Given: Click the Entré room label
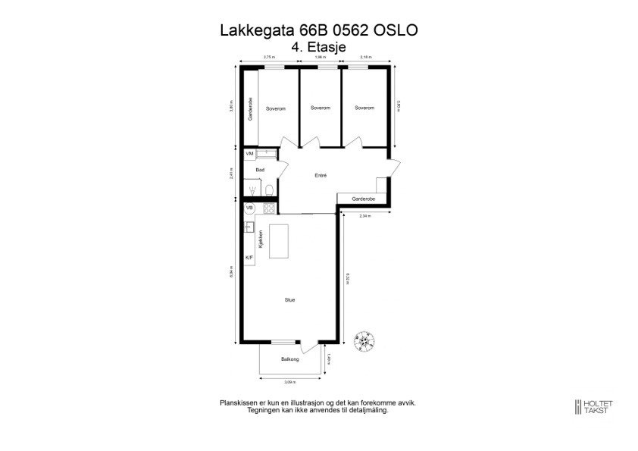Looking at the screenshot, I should click(x=321, y=175).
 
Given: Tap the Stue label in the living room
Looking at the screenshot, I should click(x=289, y=300).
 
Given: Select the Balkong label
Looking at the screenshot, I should click(x=289, y=359).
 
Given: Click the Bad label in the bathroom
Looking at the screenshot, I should click(x=260, y=170).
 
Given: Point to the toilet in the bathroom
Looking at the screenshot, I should click(x=269, y=189).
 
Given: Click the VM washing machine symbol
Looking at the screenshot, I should click(x=249, y=154).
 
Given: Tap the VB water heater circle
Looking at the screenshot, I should click(x=249, y=207).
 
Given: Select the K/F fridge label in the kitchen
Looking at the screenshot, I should click(x=249, y=258).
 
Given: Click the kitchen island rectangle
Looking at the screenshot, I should click(x=280, y=240).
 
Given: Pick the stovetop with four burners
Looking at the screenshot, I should click(x=267, y=207).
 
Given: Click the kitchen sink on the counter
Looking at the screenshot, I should click(x=249, y=226).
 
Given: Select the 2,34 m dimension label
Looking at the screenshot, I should click(x=364, y=216).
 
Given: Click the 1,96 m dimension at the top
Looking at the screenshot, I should click(x=321, y=57).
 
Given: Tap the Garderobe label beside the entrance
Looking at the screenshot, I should click(x=364, y=199).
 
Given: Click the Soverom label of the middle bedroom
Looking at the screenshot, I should click(x=321, y=108).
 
